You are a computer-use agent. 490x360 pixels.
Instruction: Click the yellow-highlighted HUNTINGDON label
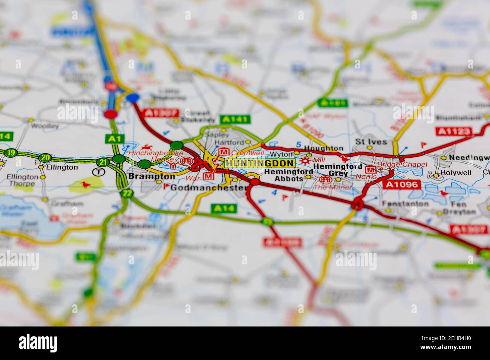(x=259, y=163)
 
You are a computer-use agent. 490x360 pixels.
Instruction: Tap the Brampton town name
(x=152, y=176)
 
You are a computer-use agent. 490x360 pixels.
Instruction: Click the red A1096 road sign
(x=401, y=184)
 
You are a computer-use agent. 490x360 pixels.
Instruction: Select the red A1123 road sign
(x=454, y=131)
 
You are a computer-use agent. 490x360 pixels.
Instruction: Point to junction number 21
(x=102, y=162)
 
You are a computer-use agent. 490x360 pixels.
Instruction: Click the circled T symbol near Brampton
(x=98, y=172)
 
